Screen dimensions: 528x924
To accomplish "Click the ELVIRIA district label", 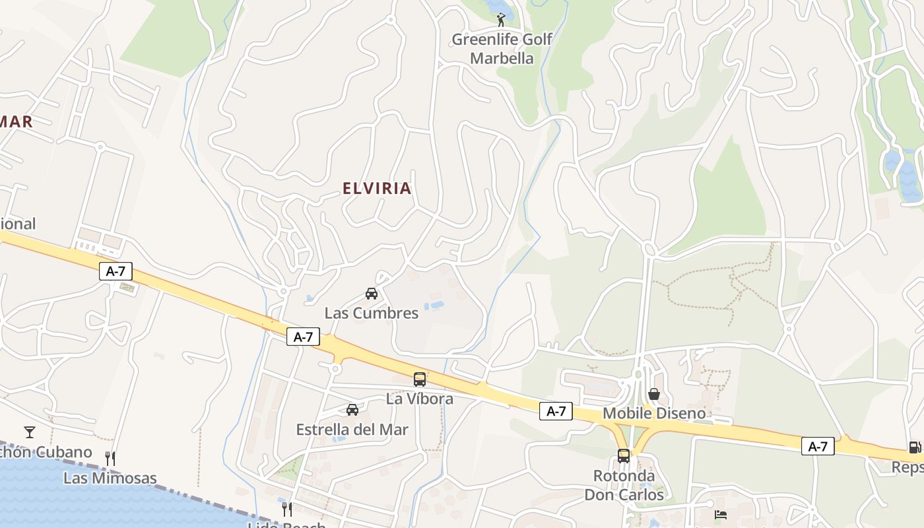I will click(377, 188).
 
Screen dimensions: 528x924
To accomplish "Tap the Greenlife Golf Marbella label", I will click(502, 49).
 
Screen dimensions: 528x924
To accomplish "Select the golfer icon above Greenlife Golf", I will click(502, 19).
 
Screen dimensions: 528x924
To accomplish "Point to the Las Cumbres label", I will click(372, 313).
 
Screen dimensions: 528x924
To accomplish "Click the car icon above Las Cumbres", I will click(372, 294).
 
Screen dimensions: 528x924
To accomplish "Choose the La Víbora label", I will click(420, 399).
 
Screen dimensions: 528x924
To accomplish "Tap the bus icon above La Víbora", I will click(420, 379).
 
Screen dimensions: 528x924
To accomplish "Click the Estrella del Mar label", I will click(352, 430).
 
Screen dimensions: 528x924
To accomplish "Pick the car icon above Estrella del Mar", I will click(352, 410).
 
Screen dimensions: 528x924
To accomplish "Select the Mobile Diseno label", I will click(654, 414).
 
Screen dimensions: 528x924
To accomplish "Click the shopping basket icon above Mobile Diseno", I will click(654, 394).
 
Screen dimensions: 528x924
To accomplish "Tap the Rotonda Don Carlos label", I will click(624, 485).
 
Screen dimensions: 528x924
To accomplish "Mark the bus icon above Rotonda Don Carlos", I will click(624, 455).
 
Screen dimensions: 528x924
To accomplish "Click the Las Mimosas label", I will click(110, 478).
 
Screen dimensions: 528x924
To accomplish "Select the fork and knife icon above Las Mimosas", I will click(110, 458).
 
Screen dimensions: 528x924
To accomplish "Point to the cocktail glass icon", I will click(30, 432).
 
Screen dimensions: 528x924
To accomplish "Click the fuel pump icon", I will click(915, 447).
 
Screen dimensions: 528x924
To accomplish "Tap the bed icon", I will click(721, 514).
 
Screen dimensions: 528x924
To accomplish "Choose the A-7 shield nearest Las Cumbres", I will click(303, 337).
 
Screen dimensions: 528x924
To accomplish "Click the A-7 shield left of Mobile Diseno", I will click(556, 411).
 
